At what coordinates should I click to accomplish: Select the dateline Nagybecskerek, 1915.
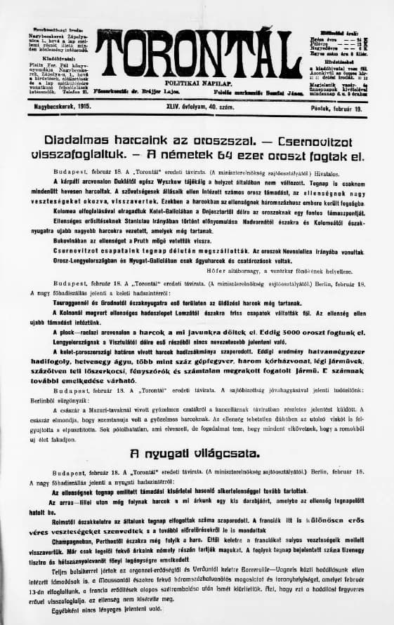49,106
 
